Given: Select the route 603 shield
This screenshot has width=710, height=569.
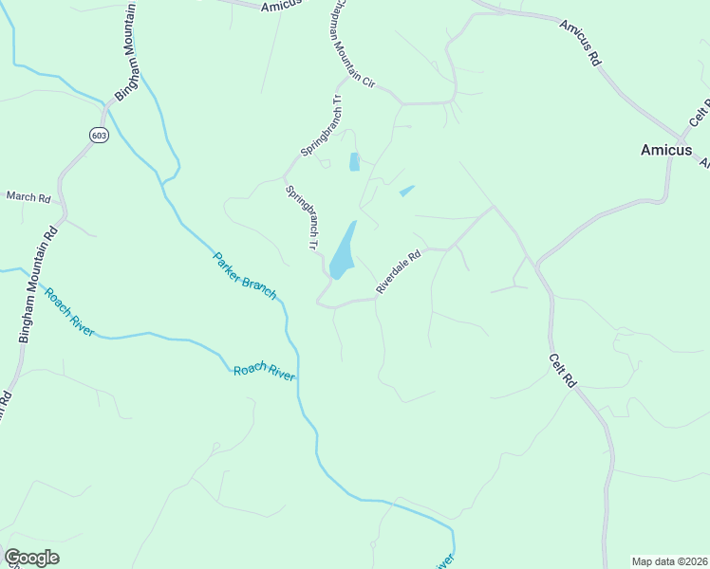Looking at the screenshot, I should [x=99, y=136].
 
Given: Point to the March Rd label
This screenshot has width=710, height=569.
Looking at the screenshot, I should [x=28, y=197].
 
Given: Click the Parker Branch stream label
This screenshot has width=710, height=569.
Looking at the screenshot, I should [x=245, y=276].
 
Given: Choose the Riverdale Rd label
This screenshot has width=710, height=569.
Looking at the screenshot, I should [x=398, y=272].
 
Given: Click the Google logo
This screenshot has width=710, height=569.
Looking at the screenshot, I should [x=31, y=558].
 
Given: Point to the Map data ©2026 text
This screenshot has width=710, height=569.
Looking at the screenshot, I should [x=670, y=561].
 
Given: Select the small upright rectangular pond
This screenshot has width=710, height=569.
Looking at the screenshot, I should [x=355, y=162].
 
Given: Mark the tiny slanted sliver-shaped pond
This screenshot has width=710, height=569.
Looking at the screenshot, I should [x=407, y=191].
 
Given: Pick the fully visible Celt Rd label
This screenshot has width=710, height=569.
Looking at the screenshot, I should [x=563, y=370].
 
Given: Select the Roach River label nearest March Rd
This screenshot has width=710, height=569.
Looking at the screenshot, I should [x=69, y=311].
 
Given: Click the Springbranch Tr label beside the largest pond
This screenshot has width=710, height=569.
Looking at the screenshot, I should [x=303, y=217].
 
